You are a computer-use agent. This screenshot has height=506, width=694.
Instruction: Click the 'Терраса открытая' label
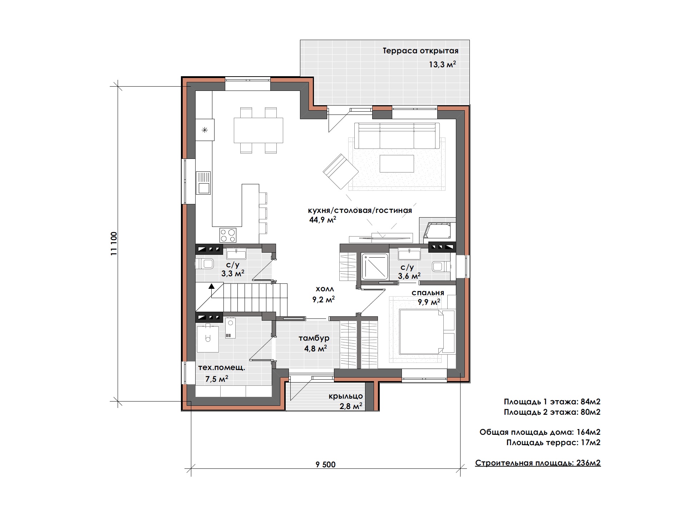[x=420, y=51]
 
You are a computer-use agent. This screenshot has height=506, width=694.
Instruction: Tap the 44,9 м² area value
[x=323, y=219]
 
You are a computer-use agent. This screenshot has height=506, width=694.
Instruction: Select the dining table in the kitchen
[x=258, y=130]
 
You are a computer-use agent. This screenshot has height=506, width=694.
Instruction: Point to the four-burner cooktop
[x=228, y=235]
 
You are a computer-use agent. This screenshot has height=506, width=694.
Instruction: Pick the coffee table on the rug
[x=397, y=164]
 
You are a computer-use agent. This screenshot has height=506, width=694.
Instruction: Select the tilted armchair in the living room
[x=340, y=172]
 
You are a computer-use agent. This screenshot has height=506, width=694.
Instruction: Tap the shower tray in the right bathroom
[x=375, y=266]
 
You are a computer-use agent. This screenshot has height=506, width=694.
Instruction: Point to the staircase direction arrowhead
[x=212, y=286]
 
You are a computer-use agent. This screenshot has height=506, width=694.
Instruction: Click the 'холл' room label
[x=325, y=289]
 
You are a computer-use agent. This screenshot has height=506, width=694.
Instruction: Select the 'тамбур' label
[x=314, y=338]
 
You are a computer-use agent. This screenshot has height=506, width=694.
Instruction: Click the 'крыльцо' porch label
[x=346, y=396]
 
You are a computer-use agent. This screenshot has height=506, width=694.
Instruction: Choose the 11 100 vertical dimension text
[x=114, y=244]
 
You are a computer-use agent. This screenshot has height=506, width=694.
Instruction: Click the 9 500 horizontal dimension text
[x=326, y=464]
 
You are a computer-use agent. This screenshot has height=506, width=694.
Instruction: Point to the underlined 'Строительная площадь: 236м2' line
[x=538, y=463]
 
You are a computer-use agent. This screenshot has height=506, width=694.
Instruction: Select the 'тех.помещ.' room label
[x=222, y=368]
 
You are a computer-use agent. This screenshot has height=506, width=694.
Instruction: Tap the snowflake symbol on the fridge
[x=205, y=130]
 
